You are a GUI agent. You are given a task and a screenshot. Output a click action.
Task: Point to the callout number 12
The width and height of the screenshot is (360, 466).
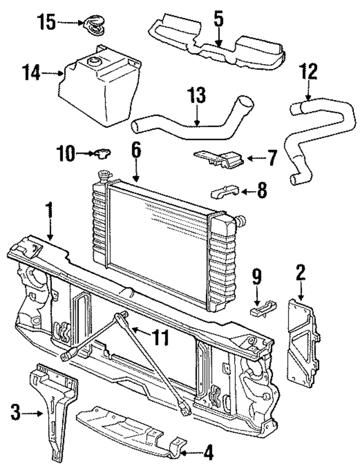pos(309,71)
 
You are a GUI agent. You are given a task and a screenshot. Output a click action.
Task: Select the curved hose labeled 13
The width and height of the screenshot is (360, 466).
pos(186,124)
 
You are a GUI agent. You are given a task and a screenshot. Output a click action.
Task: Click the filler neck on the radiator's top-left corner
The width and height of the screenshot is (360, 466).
pos(104,175)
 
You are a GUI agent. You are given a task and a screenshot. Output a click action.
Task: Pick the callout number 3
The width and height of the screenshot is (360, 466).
pos(16,415)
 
